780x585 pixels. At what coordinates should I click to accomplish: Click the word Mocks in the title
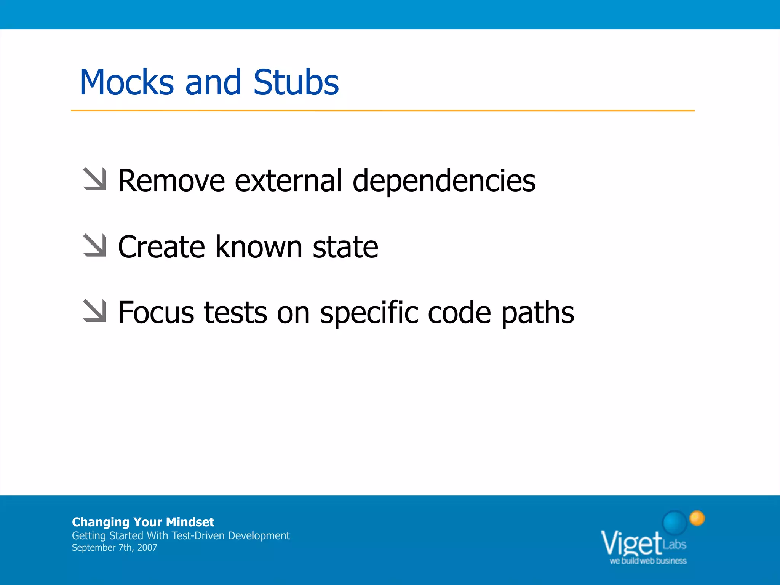point(126,83)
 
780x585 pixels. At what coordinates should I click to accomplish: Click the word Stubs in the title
point(296,83)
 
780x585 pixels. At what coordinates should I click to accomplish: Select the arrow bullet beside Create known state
point(95,245)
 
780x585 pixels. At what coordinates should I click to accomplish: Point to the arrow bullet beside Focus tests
point(95,311)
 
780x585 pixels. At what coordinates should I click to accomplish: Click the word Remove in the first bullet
point(171,181)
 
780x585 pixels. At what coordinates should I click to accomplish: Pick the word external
point(288,181)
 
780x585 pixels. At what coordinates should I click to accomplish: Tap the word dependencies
point(444,181)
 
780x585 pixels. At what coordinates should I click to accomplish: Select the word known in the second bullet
point(259,247)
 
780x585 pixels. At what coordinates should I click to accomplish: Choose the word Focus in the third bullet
point(156,312)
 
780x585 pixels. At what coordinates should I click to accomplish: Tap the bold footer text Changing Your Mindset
point(143,522)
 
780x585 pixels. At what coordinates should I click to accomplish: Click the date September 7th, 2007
point(114,548)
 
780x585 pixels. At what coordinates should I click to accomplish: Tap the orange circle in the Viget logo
point(697,518)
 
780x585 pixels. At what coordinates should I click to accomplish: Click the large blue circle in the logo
point(675,523)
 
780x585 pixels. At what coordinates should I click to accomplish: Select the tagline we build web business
point(648,561)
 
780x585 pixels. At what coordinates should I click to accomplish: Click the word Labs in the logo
point(675,544)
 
